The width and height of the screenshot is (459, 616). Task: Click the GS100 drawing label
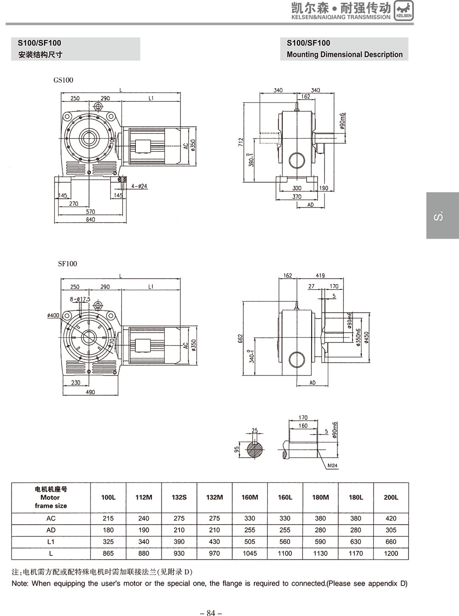(x=63, y=80)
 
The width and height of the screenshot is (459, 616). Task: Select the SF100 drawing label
(x=67, y=263)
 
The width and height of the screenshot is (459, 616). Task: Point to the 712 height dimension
(x=241, y=142)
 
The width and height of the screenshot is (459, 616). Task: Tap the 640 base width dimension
(x=90, y=219)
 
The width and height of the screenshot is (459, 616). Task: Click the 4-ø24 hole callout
(x=139, y=186)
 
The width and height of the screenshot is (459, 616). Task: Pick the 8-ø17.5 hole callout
(x=80, y=299)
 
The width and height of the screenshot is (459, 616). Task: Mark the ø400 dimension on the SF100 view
(x=53, y=315)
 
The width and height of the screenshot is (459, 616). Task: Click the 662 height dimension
(x=241, y=339)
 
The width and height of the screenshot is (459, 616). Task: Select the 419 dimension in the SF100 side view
(x=320, y=275)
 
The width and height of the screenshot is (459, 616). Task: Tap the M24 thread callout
(x=332, y=466)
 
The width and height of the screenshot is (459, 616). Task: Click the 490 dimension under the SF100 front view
(x=90, y=392)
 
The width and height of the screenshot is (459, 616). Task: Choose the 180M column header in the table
(x=320, y=497)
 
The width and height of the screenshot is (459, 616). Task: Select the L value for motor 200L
(x=391, y=553)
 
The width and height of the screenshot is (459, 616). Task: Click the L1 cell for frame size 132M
(x=214, y=542)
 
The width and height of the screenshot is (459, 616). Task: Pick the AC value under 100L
(x=108, y=518)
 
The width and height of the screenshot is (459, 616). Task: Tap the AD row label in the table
(x=51, y=530)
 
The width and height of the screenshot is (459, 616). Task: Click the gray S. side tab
(x=442, y=215)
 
